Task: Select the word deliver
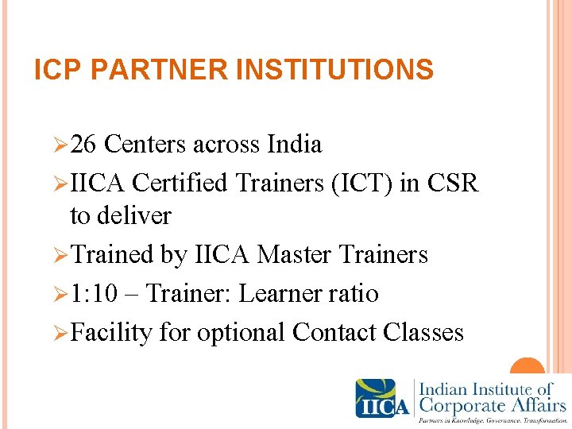pos(121,215)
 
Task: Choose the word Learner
pos(280,294)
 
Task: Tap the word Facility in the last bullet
pos(111,332)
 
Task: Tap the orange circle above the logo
pos(527,370)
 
